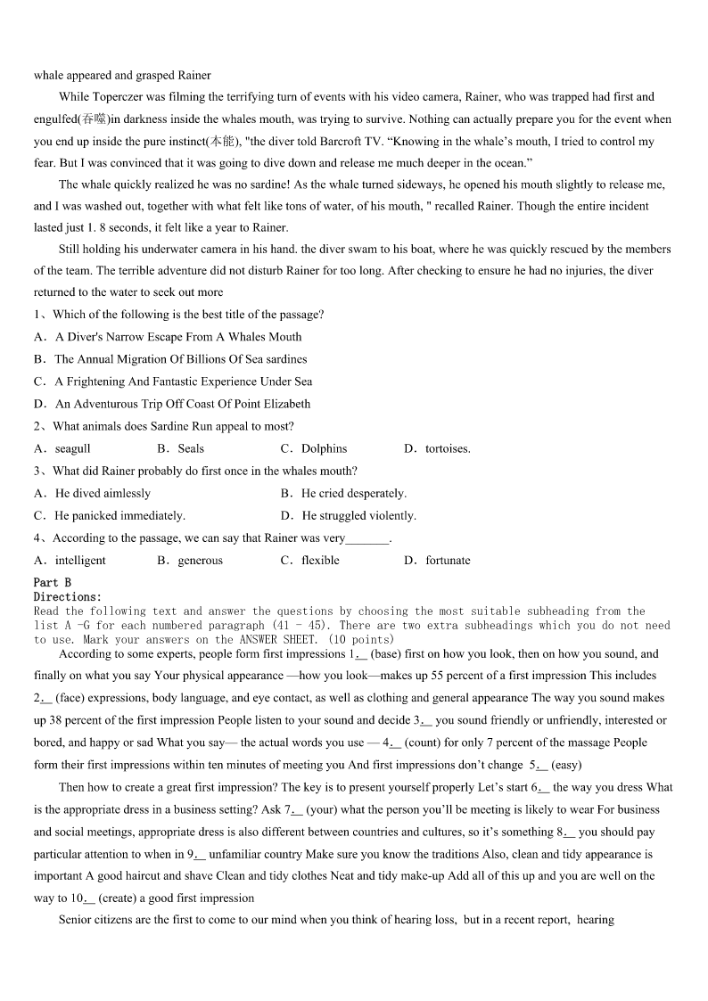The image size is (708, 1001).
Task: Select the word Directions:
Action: (x=68, y=596)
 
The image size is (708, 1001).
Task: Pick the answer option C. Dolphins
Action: (x=314, y=449)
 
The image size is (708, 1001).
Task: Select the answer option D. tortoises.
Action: (x=438, y=449)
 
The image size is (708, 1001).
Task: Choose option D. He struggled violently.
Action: (x=349, y=516)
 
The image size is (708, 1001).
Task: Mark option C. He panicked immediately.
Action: (x=110, y=516)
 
